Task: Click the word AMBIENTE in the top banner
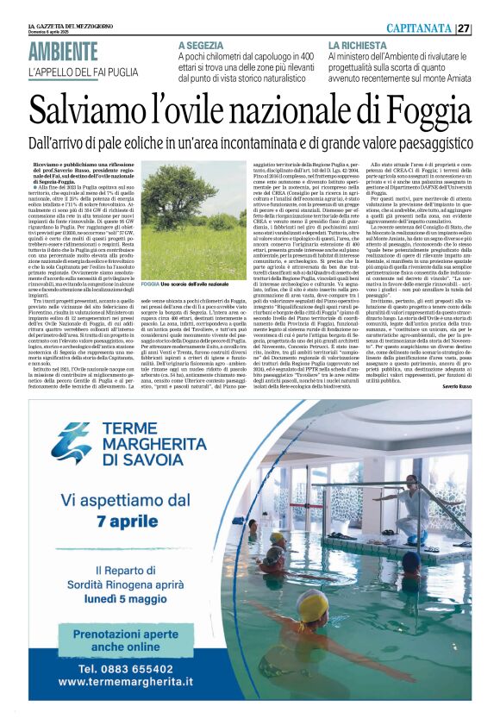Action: (63, 52)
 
